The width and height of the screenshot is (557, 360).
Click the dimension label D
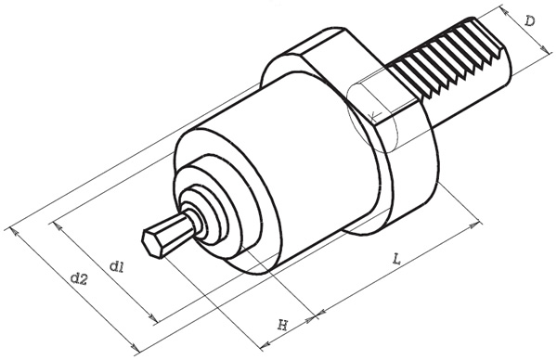tap(530, 21)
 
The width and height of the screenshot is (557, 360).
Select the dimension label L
tap(396, 259)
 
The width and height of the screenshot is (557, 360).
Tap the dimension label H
tap(282, 325)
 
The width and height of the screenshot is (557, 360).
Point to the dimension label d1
tap(117, 266)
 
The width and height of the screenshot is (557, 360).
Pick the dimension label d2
tap(79, 279)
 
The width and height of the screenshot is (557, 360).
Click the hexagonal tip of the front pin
tap(150, 243)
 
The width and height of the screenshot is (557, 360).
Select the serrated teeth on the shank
tap(447, 57)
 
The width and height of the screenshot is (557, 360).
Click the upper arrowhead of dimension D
tap(504, 11)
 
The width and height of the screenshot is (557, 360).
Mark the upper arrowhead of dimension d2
tap(13, 231)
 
